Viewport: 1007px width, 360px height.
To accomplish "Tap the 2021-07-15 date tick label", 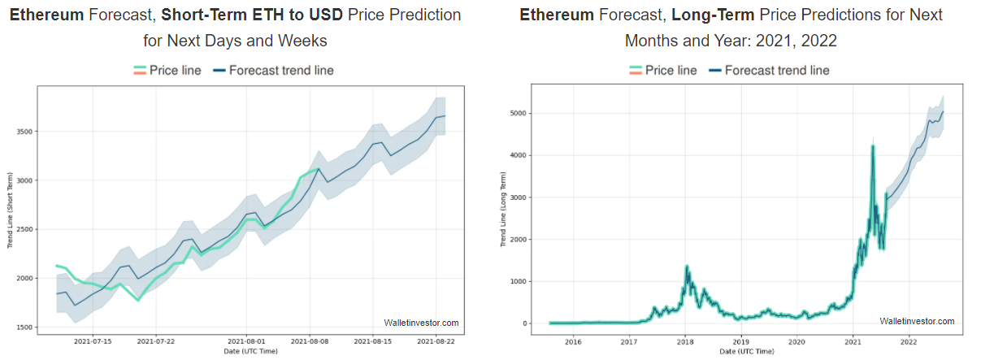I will point(93,341).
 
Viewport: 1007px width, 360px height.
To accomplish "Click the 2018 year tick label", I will point(684,341).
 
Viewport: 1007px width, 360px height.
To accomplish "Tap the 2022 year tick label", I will point(908,341).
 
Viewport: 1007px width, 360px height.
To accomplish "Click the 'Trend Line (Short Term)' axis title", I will point(11,210).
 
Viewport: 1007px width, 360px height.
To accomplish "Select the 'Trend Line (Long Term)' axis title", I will point(503,210).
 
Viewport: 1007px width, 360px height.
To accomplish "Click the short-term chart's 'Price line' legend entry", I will point(167,71).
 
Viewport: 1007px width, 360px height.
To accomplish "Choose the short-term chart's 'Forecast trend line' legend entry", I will point(273,71).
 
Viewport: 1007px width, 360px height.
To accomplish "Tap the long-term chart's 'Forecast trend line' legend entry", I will point(769,71).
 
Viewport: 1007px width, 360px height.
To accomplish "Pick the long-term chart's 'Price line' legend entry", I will point(663,71).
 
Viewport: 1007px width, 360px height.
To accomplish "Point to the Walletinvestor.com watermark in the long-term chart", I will point(917,322).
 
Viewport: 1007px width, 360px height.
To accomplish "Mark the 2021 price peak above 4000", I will point(872,147).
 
